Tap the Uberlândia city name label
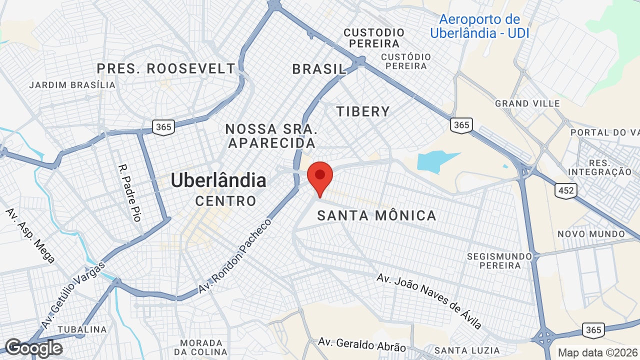point(218,180)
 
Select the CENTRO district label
point(225,201)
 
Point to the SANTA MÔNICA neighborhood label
point(377,215)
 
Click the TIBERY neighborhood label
point(363,111)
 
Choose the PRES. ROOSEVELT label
point(166,68)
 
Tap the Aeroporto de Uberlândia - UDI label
point(479,26)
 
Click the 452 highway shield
point(565,190)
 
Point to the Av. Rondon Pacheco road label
point(234,256)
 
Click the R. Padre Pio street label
point(129,192)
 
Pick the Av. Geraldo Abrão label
point(362,344)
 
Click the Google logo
point(33,348)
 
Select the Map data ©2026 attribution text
point(598,352)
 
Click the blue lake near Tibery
point(435,161)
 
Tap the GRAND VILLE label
point(527,103)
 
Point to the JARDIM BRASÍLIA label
point(72,85)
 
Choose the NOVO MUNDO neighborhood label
point(591,234)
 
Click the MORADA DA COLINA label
point(201,347)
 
